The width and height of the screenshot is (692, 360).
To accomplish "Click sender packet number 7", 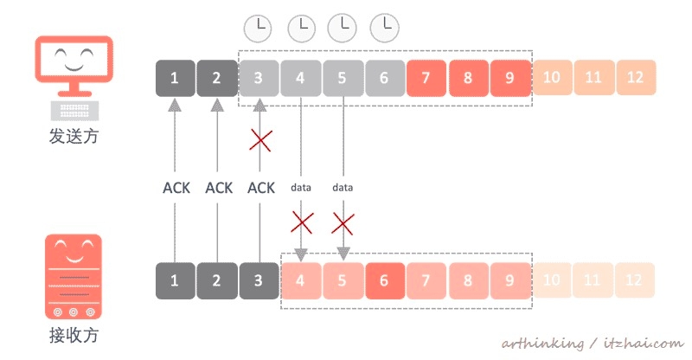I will coord(426,78).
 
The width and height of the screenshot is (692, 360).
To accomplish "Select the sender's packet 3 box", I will coord(259,78).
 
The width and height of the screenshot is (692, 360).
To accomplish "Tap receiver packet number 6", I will coord(384,281).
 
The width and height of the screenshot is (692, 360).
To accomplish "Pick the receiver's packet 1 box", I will coord(175,281).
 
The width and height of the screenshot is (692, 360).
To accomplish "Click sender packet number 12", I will coord(636,78).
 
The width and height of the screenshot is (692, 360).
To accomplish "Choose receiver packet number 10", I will coord(552,281).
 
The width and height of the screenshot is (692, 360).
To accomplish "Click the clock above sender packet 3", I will coord(258,29).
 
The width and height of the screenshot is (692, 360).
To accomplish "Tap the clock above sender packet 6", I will coord(384,29).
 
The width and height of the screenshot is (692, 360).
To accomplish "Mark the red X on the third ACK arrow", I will coord(259,139).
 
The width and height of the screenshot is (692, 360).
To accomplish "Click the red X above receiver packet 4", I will coord(301,223).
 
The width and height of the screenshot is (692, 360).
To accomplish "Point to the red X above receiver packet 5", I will coord(343,223).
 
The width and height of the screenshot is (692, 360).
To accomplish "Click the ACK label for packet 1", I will coord(176,187).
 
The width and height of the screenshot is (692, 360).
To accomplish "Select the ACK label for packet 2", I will coord(218,187).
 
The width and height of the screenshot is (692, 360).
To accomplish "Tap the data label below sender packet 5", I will coord(343,187).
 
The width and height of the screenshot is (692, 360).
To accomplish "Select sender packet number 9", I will coord(509,78).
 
